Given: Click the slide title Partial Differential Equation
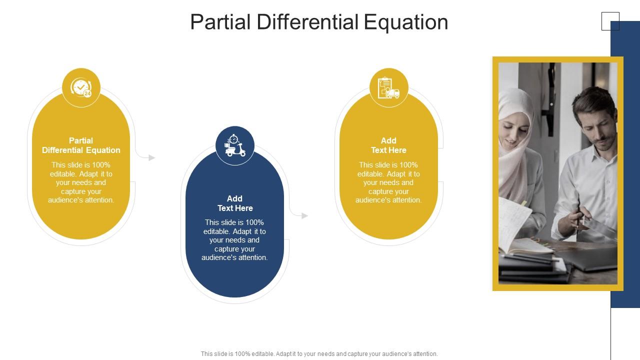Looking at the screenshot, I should [x=319, y=22].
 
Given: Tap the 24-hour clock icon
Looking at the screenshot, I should [x=81, y=87].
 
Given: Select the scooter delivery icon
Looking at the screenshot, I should [x=235, y=145].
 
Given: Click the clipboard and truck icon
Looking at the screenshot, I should [x=388, y=87].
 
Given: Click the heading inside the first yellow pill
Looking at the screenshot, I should [x=81, y=145].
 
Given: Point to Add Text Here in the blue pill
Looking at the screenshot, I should [x=235, y=203].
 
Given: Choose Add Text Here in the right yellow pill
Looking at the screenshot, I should [x=388, y=145].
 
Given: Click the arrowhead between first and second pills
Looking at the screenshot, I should [x=152, y=157].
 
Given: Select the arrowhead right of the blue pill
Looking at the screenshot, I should [x=305, y=215].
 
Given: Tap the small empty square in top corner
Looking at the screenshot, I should [x=610, y=21].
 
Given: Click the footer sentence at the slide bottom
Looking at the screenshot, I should [x=319, y=353].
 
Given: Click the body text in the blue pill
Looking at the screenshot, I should [x=235, y=240].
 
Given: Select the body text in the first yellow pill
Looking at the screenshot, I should [x=81, y=182].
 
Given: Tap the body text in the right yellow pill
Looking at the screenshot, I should [x=388, y=182].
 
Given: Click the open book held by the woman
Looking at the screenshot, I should [x=515, y=225].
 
